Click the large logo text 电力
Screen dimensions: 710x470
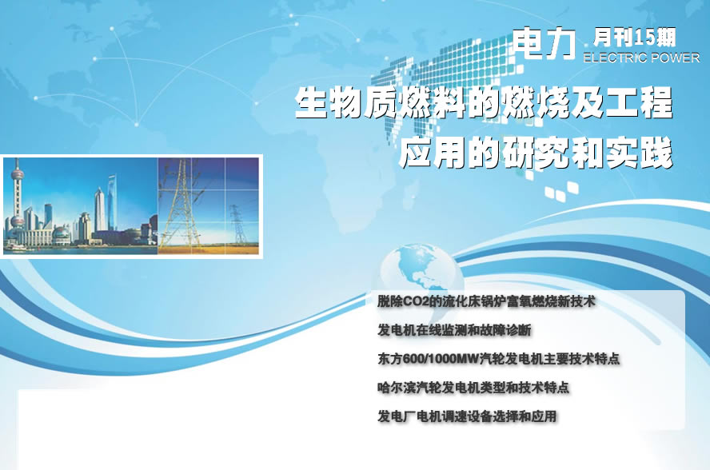click(544, 43)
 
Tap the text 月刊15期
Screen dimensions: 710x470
click(634, 38)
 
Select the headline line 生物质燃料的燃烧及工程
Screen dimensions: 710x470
click(484, 104)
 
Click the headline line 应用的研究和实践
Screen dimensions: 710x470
click(535, 153)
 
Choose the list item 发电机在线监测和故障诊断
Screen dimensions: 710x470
click(454, 331)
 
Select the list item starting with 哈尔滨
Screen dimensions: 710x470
click(473, 388)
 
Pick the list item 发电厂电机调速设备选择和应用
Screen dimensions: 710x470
click(467, 416)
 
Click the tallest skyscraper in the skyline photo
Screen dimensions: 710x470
click(112, 203)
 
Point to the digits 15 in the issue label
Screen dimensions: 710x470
click(644, 38)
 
